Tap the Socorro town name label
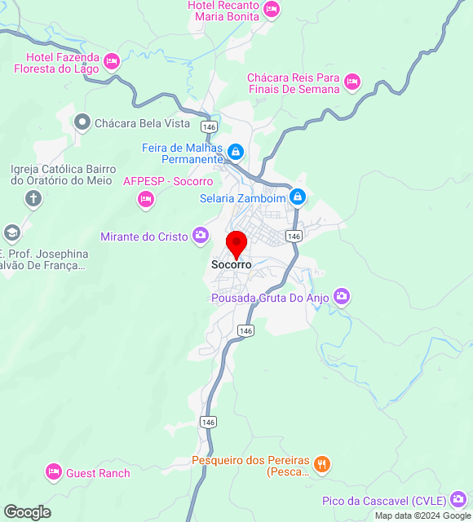tap(232, 265)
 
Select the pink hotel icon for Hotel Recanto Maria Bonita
tap(272, 10)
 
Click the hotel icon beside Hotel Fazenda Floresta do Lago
tap(112, 60)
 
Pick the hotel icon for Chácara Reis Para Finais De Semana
tap(351, 81)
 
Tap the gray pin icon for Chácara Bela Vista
tap(82, 123)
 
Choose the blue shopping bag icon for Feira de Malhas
tap(236, 152)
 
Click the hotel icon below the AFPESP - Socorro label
tap(146, 198)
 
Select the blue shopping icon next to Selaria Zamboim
tap(298, 197)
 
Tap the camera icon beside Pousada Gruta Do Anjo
tap(342, 296)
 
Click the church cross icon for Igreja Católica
tap(33, 197)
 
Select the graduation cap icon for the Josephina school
tap(11, 233)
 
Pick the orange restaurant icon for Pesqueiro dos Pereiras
tap(323, 464)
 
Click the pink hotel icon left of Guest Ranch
tap(54, 471)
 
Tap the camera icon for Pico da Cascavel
tap(459, 499)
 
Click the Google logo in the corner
tap(27, 511)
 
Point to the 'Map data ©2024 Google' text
tap(422, 515)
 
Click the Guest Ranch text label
tap(98, 473)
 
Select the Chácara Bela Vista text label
tap(142, 124)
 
